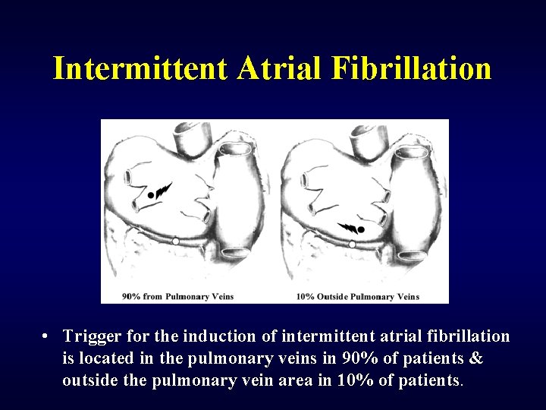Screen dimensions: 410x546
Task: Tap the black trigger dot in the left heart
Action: [151, 195]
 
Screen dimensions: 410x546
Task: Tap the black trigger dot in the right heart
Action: [362, 229]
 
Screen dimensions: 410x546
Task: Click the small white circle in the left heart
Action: [176, 240]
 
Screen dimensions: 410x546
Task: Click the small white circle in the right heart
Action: [353, 244]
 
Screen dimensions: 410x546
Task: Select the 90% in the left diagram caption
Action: [130, 295]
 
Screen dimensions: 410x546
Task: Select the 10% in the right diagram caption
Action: [306, 295]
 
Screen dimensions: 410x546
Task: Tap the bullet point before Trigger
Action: [47, 336]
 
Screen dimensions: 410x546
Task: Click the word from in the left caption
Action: [153, 295]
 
